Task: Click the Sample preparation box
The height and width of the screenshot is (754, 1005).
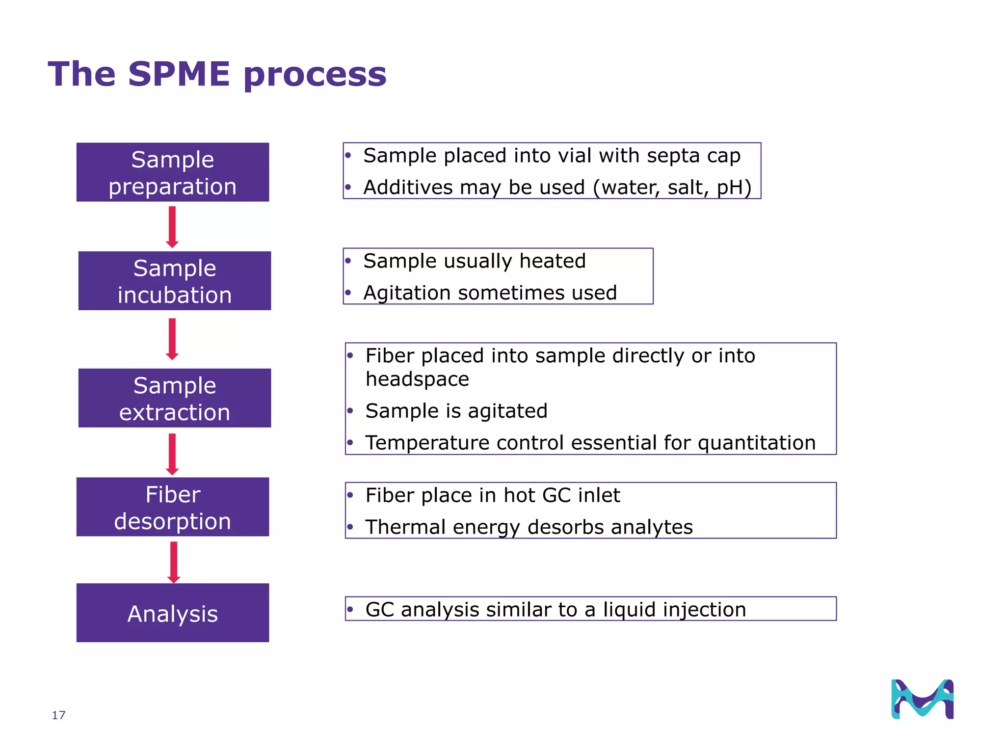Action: coord(173,172)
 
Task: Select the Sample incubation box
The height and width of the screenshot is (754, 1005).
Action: coord(175,281)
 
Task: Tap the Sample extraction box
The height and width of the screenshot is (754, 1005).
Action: coord(175,398)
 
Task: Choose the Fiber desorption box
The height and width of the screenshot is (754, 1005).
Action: coord(173,507)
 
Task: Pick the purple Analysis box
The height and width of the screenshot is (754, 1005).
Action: coord(173,613)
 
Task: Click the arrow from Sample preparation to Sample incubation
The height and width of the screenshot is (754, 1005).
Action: coord(172,227)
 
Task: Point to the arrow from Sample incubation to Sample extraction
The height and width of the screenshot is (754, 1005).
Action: coord(172,339)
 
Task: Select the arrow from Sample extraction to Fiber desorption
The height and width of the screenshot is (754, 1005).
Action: coord(172,454)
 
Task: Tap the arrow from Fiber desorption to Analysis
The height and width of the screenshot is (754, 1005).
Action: coord(174,562)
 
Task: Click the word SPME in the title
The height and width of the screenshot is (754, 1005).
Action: coord(179,74)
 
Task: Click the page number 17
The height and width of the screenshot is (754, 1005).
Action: coord(58,715)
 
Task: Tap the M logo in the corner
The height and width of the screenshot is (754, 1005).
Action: coord(922,699)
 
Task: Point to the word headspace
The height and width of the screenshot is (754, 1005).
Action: coord(417,379)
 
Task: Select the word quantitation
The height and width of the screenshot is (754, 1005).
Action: coord(756,443)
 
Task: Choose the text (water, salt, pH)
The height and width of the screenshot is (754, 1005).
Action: coord(672,188)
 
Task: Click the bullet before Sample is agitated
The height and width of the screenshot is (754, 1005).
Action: coord(350,411)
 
